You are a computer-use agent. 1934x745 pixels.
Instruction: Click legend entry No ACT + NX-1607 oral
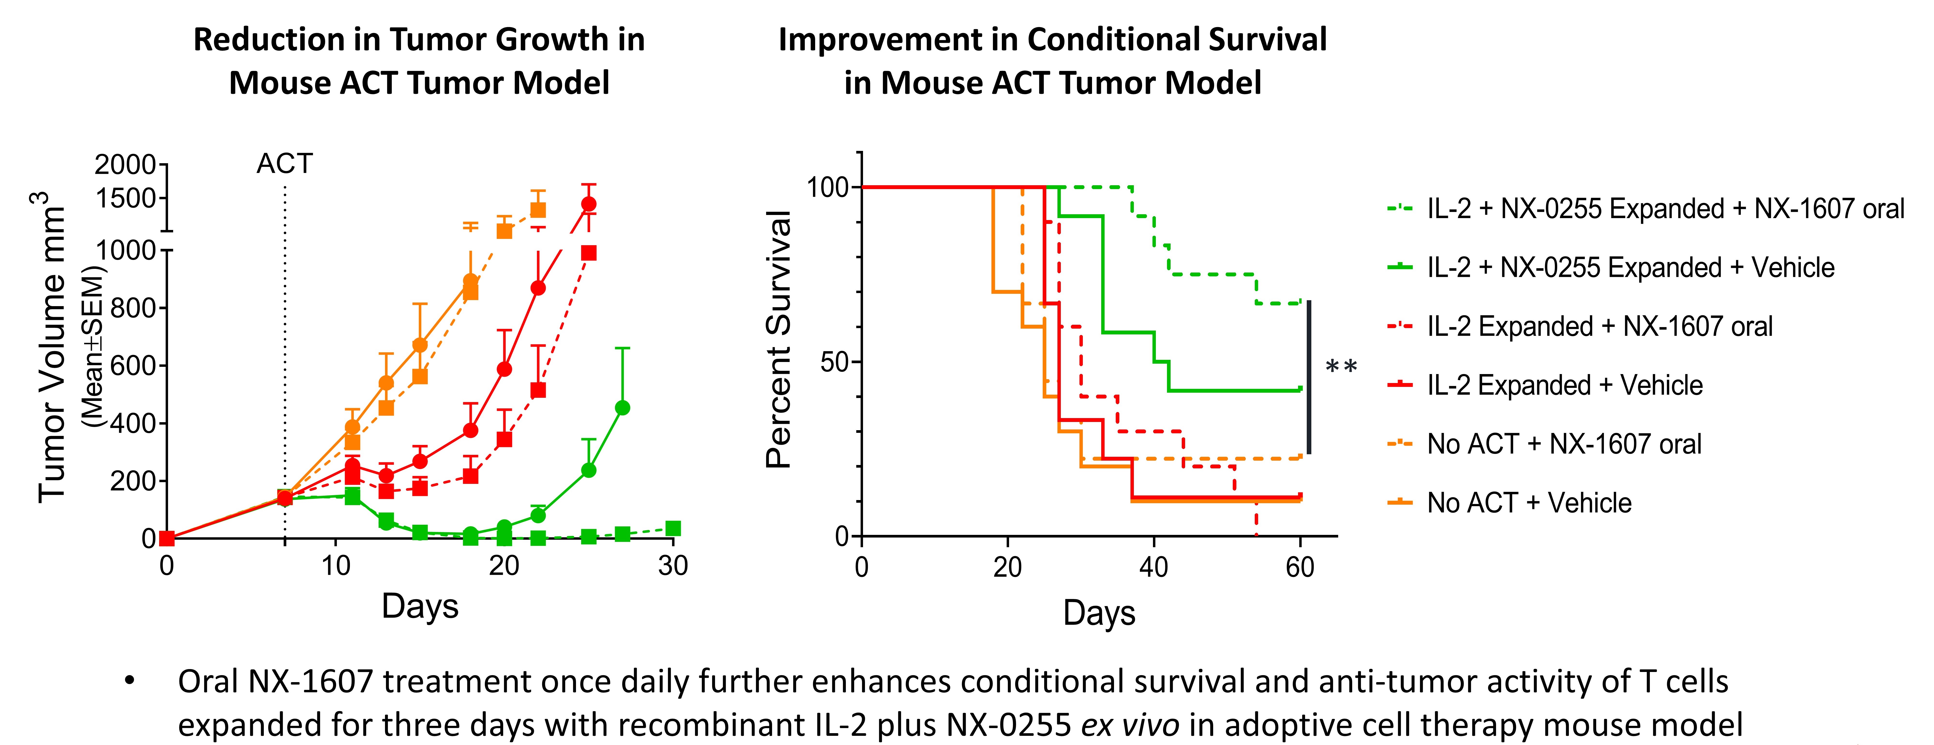[1564, 444]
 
